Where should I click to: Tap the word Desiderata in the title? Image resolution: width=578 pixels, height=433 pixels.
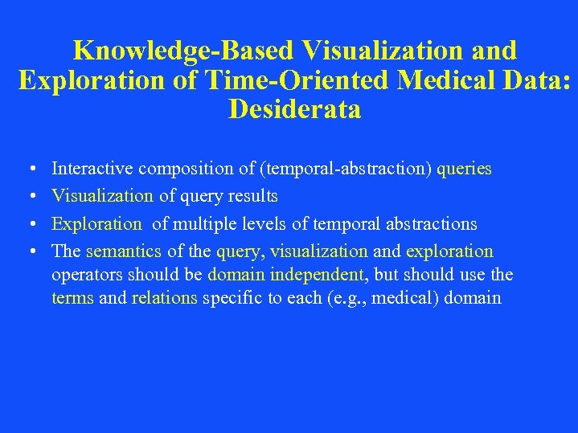[294, 108]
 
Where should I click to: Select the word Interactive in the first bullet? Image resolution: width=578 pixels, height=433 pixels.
[92, 169]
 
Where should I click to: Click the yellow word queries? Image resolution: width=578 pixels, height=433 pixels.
[465, 170]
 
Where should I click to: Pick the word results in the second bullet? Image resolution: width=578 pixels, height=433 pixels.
[253, 197]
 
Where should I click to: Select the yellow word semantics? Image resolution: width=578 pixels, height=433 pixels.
[124, 251]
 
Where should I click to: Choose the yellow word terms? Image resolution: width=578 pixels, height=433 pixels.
[72, 298]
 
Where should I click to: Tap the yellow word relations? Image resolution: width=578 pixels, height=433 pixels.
[164, 298]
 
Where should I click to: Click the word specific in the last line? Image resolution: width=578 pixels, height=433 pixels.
[232, 299]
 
